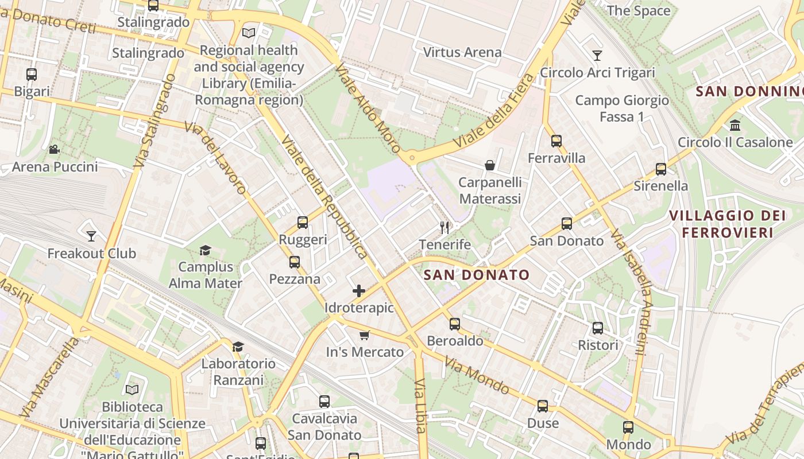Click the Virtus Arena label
[462, 52]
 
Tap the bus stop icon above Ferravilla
[556, 141]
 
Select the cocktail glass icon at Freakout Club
[91, 236]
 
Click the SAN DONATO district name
[477, 275]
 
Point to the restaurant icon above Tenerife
[444, 227]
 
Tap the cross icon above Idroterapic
[359, 291]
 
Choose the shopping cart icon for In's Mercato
[364, 335]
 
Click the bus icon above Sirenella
[661, 169]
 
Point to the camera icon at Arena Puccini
[54, 150]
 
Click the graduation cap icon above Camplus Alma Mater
[205, 250]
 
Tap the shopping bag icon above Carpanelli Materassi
[490, 166]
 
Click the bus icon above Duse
[543, 406]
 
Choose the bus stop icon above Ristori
[598, 328]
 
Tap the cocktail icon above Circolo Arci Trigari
[597, 56]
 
